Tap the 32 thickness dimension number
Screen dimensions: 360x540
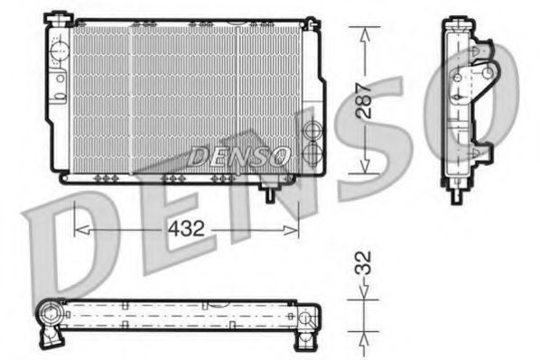(x=363, y=263)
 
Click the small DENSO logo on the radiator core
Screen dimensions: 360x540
(x=238, y=155)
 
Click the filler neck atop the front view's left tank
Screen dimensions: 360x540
(x=60, y=17)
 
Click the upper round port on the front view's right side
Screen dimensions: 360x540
(x=312, y=132)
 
